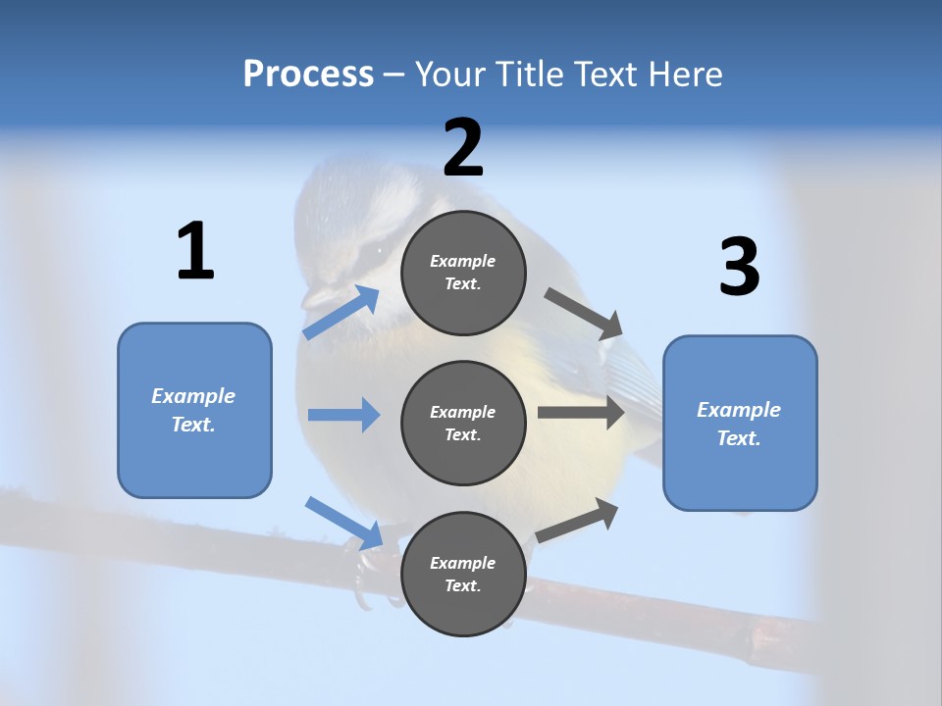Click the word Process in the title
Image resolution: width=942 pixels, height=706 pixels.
[x=308, y=74]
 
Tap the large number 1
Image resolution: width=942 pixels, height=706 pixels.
[x=195, y=251]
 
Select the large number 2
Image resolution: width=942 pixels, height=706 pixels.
[x=463, y=148]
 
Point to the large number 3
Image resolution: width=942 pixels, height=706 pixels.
[x=739, y=268]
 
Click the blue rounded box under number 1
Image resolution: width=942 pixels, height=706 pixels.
[x=194, y=410]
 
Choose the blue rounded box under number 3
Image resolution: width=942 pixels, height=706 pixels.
[x=740, y=423]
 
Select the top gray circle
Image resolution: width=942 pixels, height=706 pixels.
[x=463, y=273]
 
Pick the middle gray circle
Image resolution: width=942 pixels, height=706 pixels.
[x=463, y=423]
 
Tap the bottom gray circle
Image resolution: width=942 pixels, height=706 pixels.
[x=463, y=574]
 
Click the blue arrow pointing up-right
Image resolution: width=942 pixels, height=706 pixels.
[x=340, y=312]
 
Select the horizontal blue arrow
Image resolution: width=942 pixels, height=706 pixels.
[x=343, y=415]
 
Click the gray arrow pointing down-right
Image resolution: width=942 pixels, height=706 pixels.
[x=584, y=313]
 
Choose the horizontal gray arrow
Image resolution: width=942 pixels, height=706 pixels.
[x=581, y=412]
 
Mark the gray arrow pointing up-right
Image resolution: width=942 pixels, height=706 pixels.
[x=578, y=520]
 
